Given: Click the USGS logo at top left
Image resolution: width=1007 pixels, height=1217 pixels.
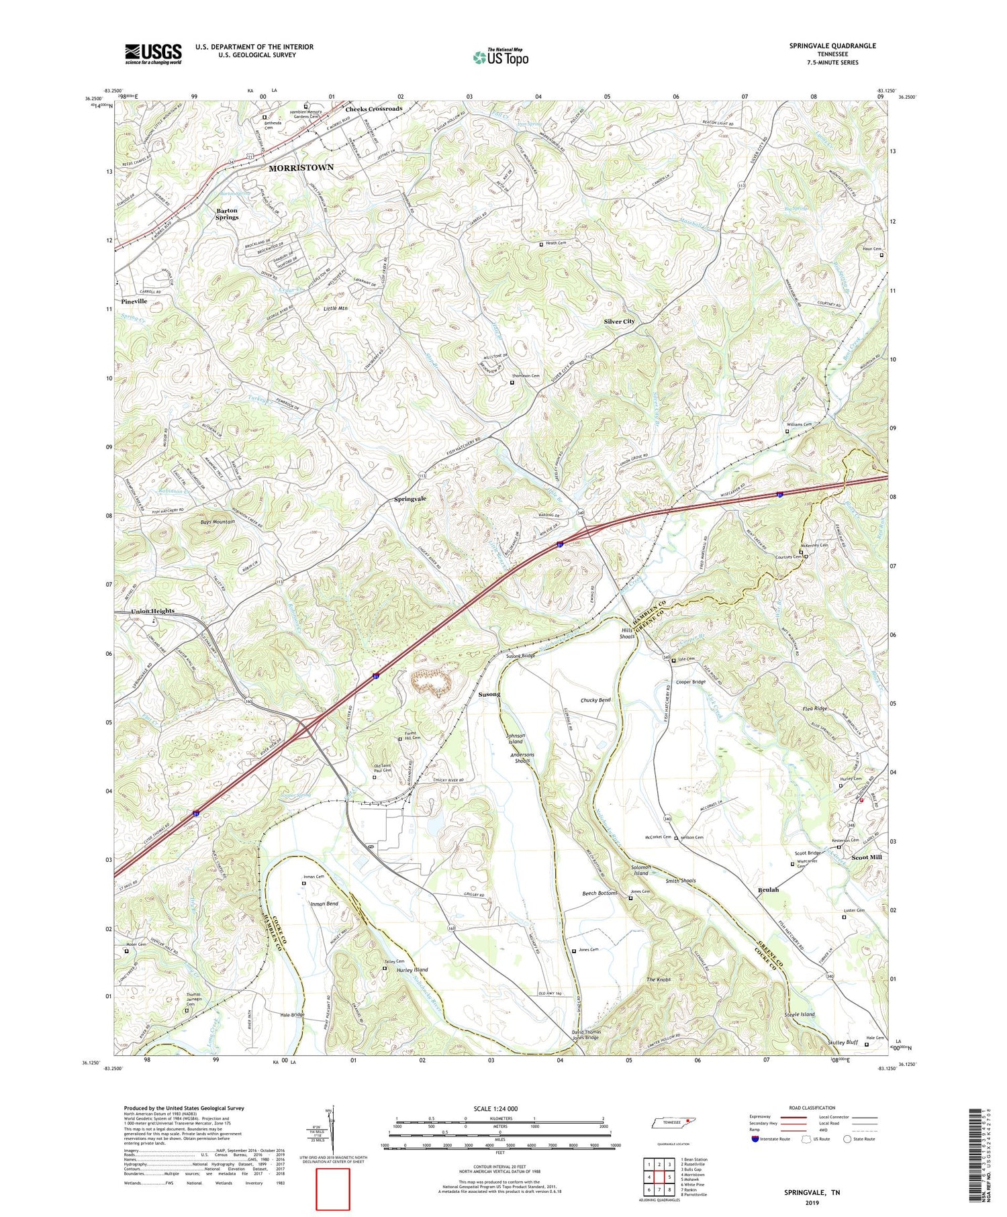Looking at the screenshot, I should pyautogui.click(x=153, y=54).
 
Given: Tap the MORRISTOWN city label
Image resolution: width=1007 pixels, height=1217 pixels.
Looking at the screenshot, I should pyautogui.click(x=301, y=168).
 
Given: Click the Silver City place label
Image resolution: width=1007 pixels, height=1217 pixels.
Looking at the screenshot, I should pyautogui.click(x=619, y=322).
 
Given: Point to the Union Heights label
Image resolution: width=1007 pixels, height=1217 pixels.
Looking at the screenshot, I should pyautogui.click(x=152, y=611).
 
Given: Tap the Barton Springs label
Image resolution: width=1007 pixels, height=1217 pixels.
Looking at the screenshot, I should pyautogui.click(x=227, y=213).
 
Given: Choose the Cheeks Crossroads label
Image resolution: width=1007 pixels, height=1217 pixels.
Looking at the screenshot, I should pyautogui.click(x=373, y=109).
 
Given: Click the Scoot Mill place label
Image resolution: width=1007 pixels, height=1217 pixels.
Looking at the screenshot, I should pyautogui.click(x=867, y=857).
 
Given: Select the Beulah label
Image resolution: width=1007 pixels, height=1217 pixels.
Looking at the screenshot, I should pyautogui.click(x=769, y=889).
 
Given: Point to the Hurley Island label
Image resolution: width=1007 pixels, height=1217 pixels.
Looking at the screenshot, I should pyautogui.click(x=412, y=970).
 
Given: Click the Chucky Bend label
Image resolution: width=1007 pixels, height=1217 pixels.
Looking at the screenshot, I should pyautogui.click(x=595, y=700).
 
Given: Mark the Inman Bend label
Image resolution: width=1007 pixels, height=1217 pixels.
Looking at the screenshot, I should pyautogui.click(x=324, y=904).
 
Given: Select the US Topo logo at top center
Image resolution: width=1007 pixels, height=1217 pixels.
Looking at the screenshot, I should pyautogui.click(x=501, y=56).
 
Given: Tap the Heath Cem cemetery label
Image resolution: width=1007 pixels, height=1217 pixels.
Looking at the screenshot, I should pyautogui.click(x=563, y=244).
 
